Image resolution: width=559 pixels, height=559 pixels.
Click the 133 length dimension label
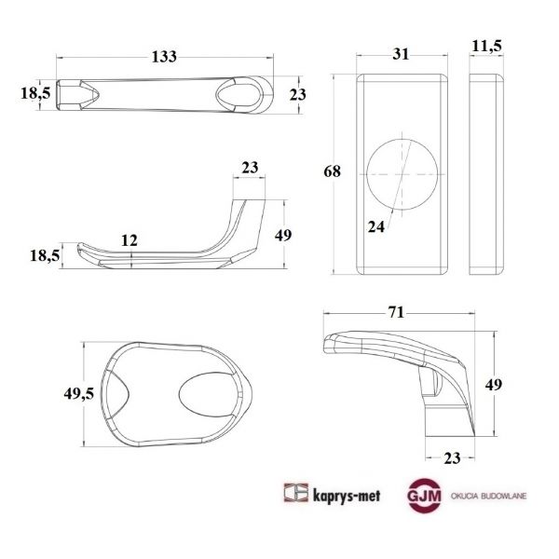pyautogui.click(x=164, y=57)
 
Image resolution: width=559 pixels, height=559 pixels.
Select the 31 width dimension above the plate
pyautogui.click(x=401, y=55)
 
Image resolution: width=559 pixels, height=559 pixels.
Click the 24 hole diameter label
pyautogui.click(x=376, y=225)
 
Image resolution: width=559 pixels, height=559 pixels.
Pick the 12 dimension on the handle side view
pyautogui.click(x=130, y=240)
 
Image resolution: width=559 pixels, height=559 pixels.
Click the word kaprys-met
pyautogui.click(x=344, y=495)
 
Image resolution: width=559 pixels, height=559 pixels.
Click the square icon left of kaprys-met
pyautogui.click(x=295, y=495)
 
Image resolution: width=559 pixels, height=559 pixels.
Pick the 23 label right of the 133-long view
pyautogui.click(x=298, y=94)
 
